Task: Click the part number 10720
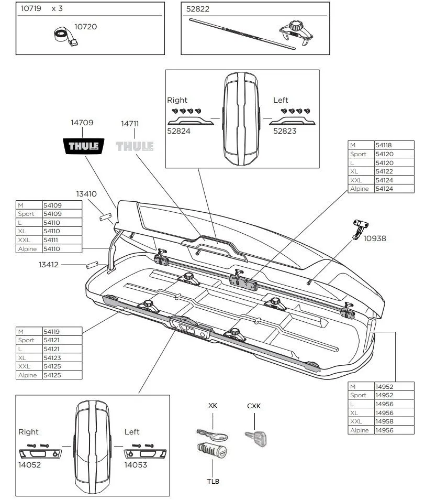click(85, 26)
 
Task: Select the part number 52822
click(198, 9)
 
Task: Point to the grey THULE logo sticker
click(135, 146)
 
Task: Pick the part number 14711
click(130, 124)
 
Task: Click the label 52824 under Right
click(178, 131)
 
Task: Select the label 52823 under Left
click(285, 131)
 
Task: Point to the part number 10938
click(374, 238)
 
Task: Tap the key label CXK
click(254, 406)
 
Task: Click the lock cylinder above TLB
click(211, 450)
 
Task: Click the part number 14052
click(30, 464)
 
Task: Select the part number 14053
click(136, 464)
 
